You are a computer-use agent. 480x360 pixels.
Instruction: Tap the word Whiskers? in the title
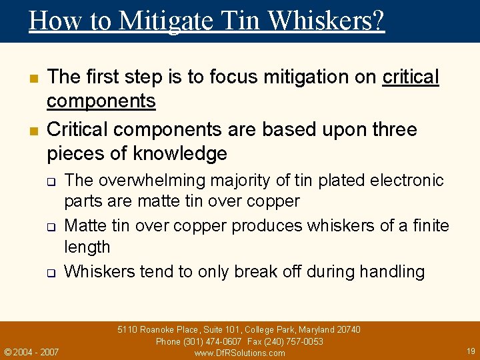(326, 21)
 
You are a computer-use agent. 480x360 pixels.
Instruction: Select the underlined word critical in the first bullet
(411, 77)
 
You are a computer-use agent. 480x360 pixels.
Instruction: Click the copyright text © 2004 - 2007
(31, 351)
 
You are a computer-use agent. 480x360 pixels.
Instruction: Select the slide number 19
(471, 350)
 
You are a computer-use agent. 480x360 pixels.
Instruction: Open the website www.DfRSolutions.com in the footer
(239, 353)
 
